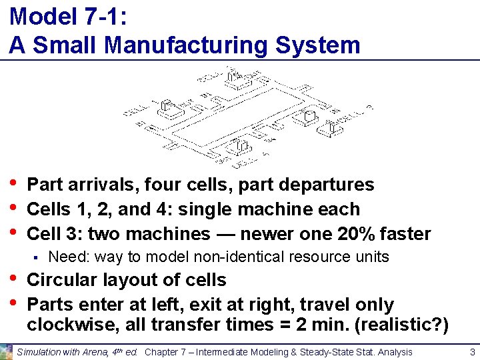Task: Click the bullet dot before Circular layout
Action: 14,280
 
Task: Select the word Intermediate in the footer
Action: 223,352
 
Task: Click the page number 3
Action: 472,351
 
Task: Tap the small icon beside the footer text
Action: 7,351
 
